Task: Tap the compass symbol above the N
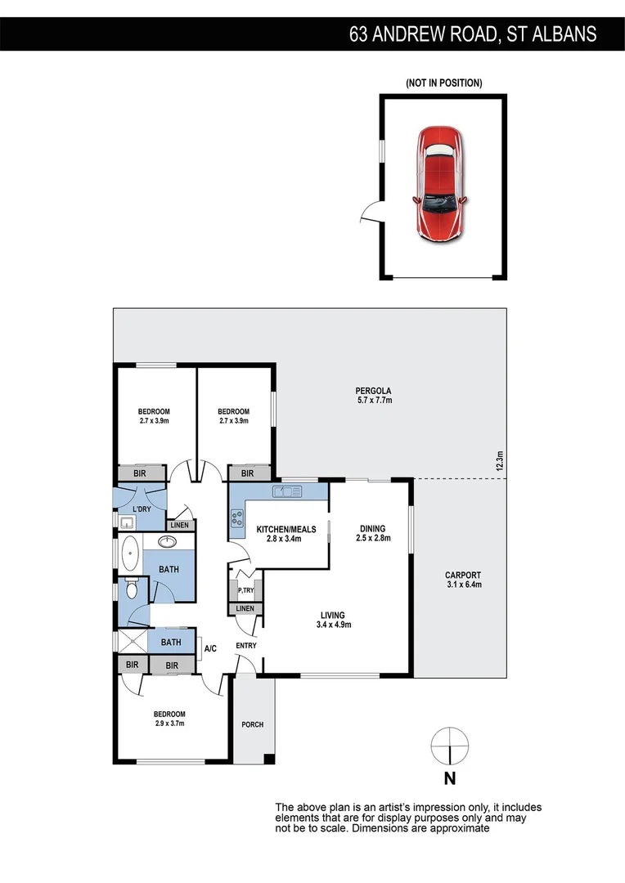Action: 449,746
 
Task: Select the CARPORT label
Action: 463,575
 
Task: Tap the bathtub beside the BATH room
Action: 129,556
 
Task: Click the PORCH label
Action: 253,724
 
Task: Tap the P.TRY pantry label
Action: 245,590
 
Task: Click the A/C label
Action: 210,648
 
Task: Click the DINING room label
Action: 371,529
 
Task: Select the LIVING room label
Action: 333,615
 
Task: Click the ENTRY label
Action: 246,646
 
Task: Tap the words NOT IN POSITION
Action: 443,83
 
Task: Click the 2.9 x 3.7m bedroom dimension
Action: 170,723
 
